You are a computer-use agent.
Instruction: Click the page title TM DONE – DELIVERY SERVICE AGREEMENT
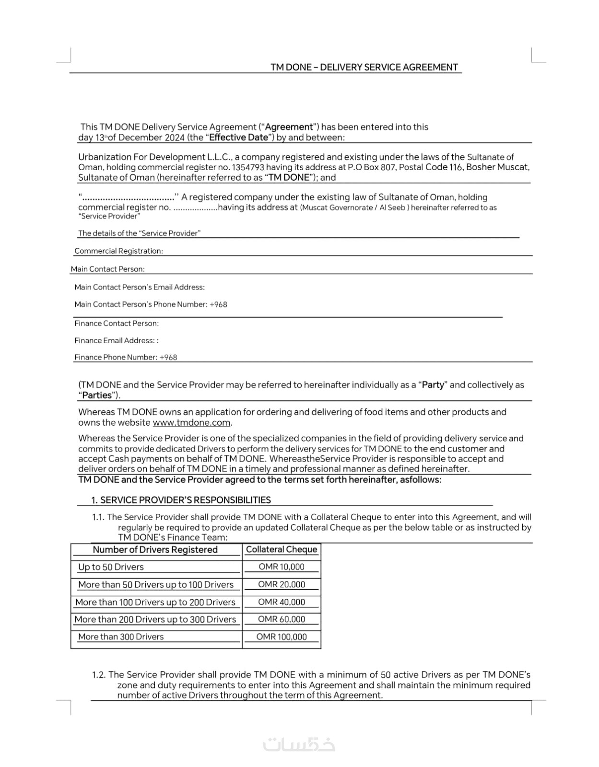coord(364,67)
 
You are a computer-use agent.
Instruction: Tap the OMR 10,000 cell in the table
coord(282,567)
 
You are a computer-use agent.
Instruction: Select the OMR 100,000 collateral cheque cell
coord(282,637)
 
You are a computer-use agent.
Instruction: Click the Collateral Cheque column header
coord(282,549)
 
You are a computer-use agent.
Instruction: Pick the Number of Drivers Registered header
coord(155,549)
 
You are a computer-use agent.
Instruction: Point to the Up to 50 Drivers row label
coord(111,567)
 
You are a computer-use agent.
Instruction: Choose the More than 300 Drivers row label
coord(121,637)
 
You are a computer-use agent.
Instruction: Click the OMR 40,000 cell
coord(282,602)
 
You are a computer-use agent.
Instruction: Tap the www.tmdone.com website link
coord(191,422)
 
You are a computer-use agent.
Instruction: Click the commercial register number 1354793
coord(247,167)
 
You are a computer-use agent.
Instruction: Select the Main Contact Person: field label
coord(107,269)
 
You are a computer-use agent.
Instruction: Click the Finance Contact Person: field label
coord(117,323)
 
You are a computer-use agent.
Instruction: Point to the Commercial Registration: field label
coord(118,251)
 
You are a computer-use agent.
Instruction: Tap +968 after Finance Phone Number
coord(168,357)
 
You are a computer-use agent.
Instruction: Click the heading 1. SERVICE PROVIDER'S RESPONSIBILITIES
coord(181,500)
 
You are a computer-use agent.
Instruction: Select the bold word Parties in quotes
coord(97,395)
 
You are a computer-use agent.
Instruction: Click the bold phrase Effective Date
coord(238,138)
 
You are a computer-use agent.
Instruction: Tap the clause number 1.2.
coord(99,674)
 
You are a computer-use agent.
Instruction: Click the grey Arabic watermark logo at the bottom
coord(299,744)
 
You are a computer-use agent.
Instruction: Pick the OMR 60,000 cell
coord(282,619)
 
